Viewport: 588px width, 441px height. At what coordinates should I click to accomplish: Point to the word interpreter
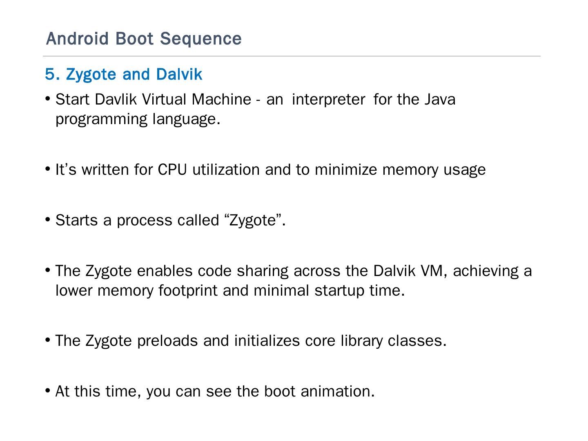click(328, 99)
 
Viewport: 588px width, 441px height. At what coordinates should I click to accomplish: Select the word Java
click(440, 99)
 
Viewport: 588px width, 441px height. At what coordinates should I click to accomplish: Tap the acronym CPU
click(172, 169)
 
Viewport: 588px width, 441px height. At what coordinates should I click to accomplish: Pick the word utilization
click(226, 169)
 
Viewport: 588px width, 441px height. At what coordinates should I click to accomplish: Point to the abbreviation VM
click(433, 271)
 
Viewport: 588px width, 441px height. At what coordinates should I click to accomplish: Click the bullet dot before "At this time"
click(48, 390)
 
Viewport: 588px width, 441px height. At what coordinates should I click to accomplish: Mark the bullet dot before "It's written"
click(48, 169)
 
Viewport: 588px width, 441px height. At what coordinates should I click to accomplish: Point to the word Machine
click(221, 99)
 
